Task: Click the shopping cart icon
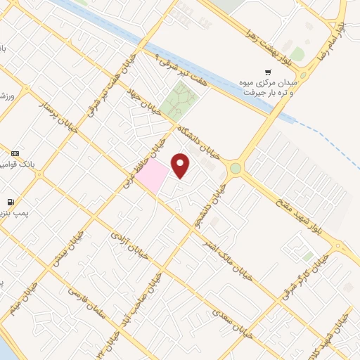click(267, 72)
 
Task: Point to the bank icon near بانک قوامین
click(15, 153)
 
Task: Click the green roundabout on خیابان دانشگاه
click(235, 168)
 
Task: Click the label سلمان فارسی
click(86, 302)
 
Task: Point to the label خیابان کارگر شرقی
click(305, 276)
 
